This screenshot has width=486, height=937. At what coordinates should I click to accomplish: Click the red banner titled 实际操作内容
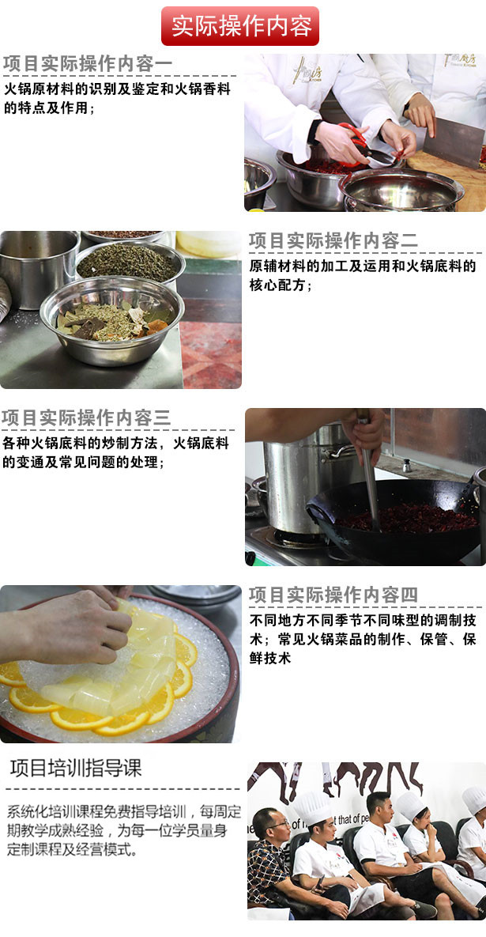click(240, 25)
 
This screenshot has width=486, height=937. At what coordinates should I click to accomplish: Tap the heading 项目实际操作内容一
click(88, 64)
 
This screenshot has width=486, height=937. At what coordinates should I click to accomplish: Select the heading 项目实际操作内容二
click(333, 241)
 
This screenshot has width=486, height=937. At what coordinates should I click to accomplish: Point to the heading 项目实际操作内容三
click(86, 417)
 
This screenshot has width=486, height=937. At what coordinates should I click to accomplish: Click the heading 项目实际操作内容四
click(333, 595)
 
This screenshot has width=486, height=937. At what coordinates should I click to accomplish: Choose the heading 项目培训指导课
click(76, 769)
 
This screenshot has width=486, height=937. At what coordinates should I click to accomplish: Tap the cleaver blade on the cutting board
click(453, 142)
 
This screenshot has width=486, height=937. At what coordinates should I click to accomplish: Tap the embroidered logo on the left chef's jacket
click(307, 70)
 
